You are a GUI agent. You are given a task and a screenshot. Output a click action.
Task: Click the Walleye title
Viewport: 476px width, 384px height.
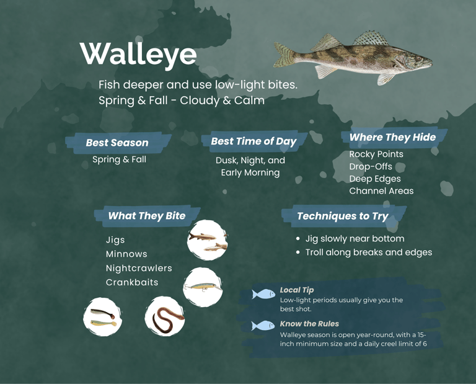point(138,54)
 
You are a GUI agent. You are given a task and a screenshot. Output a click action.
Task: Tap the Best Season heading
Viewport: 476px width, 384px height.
point(117,143)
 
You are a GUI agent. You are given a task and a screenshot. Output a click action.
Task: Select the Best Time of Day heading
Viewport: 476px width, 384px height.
point(253,141)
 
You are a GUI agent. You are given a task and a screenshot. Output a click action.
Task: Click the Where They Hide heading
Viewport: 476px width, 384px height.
point(392,137)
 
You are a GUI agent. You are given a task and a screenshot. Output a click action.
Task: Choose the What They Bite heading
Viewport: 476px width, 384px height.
point(146,216)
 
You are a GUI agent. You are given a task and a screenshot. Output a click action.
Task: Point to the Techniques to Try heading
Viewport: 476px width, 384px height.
point(342,216)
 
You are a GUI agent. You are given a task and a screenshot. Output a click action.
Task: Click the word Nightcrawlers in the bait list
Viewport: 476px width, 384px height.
point(139,269)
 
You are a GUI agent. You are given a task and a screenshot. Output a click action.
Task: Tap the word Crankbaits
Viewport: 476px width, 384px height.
point(132,283)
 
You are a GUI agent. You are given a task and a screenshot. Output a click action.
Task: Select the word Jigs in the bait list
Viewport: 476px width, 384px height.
point(115,240)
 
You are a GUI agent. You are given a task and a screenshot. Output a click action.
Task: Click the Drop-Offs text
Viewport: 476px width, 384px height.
point(371,167)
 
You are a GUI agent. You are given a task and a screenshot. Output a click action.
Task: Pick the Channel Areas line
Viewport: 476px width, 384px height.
point(381,191)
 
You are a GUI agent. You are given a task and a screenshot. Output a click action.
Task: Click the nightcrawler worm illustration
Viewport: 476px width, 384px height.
point(165,316)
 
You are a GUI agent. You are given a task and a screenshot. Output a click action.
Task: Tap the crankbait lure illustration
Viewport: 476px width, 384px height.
point(203,287)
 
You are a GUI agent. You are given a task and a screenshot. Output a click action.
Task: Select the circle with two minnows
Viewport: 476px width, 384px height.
point(207,240)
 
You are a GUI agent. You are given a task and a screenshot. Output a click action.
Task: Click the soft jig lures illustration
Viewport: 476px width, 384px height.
point(102,317)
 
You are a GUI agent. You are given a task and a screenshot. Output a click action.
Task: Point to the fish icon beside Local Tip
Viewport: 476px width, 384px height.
point(263,294)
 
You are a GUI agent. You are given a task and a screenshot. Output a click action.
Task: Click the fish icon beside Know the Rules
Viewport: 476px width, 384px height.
point(263,326)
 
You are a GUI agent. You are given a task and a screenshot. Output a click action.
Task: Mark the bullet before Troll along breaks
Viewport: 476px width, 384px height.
point(298,252)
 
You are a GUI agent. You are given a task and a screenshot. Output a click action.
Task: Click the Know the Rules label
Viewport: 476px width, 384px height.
point(309,324)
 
